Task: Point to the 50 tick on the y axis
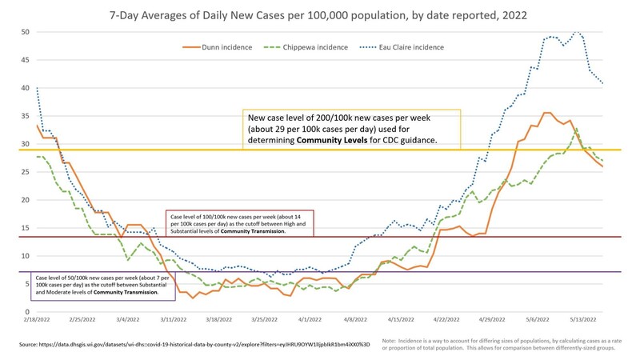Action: [25, 32]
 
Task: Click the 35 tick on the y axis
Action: [25, 116]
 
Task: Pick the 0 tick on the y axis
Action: [28, 312]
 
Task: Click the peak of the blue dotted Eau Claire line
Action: [575, 32]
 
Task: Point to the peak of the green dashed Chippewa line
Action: [576, 130]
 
